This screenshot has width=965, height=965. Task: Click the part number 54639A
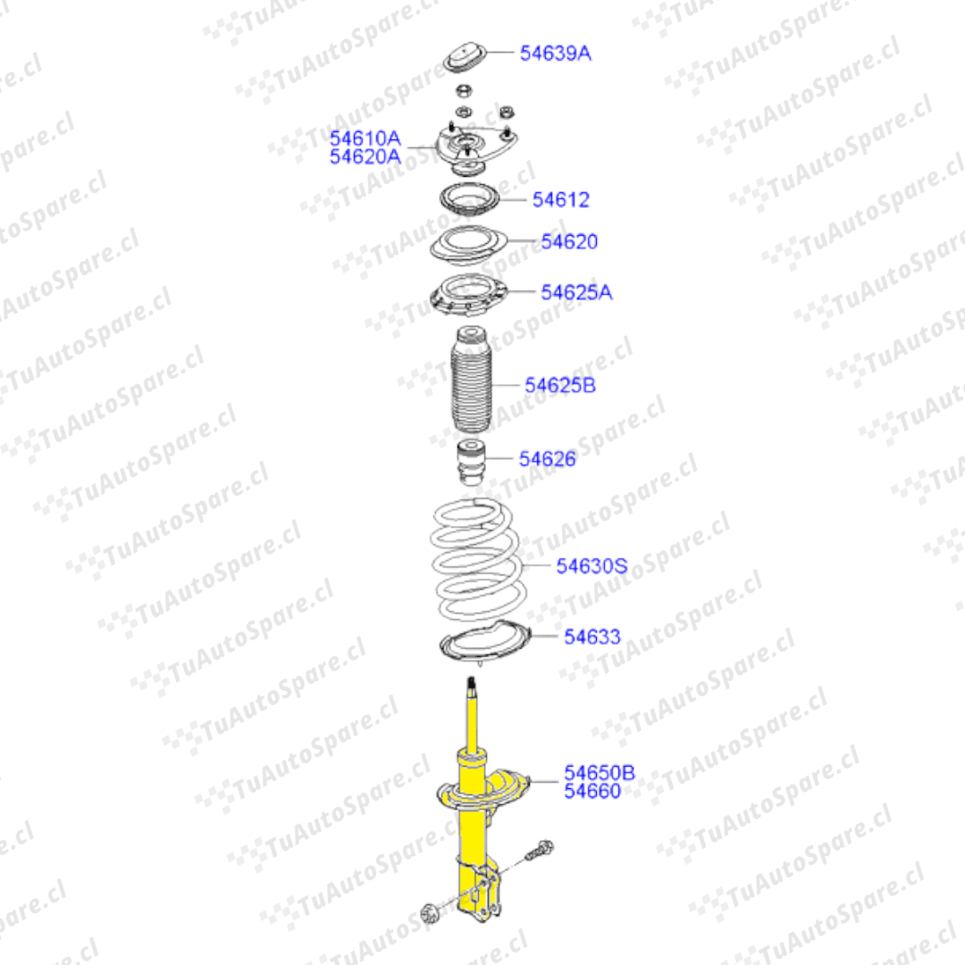click(x=555, y=53)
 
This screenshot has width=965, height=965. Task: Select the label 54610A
click(x=365, y=138)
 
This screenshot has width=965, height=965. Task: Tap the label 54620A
click(x=365, y=157)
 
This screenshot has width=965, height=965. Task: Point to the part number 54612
click(x=560, y=199)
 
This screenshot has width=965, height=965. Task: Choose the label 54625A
click(x=576, y=292)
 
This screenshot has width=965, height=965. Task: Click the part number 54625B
click(x=560, y=385)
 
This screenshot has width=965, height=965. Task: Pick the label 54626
click(x=547, y=458)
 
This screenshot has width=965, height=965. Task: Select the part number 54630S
click(x=592, y=566)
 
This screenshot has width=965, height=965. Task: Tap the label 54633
click(x=592, y=637)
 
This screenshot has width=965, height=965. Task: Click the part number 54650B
click(x=600, y=772)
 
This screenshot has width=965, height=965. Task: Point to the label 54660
click(x=592, y=792)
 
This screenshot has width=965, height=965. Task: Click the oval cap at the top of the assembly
click(x=466, y=58)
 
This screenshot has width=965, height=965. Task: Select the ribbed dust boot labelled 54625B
click(x=472, y=379)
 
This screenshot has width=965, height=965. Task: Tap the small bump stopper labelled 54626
click(x=472, y=462)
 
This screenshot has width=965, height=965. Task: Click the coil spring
click(x=478, y=560)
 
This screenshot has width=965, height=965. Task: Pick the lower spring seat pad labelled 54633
click(x=485, y=642)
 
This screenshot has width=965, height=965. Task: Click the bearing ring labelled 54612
click(x=468, y=199)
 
